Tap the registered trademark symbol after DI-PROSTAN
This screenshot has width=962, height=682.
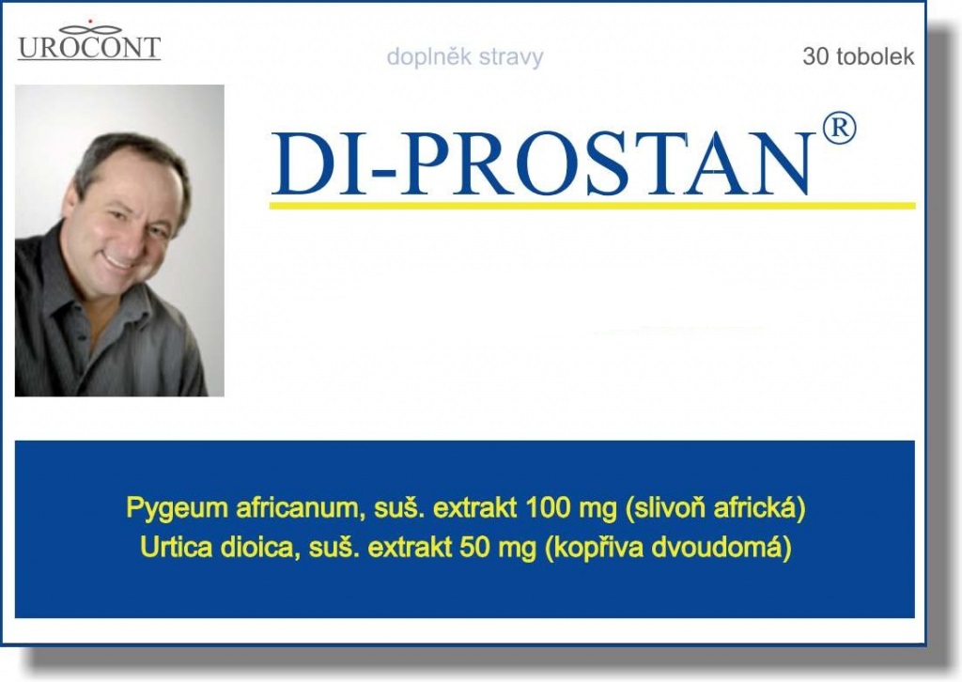coord(839,129)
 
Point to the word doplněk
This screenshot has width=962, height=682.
coord(418,57)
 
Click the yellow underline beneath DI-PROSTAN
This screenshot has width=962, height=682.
coord(592,205)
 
